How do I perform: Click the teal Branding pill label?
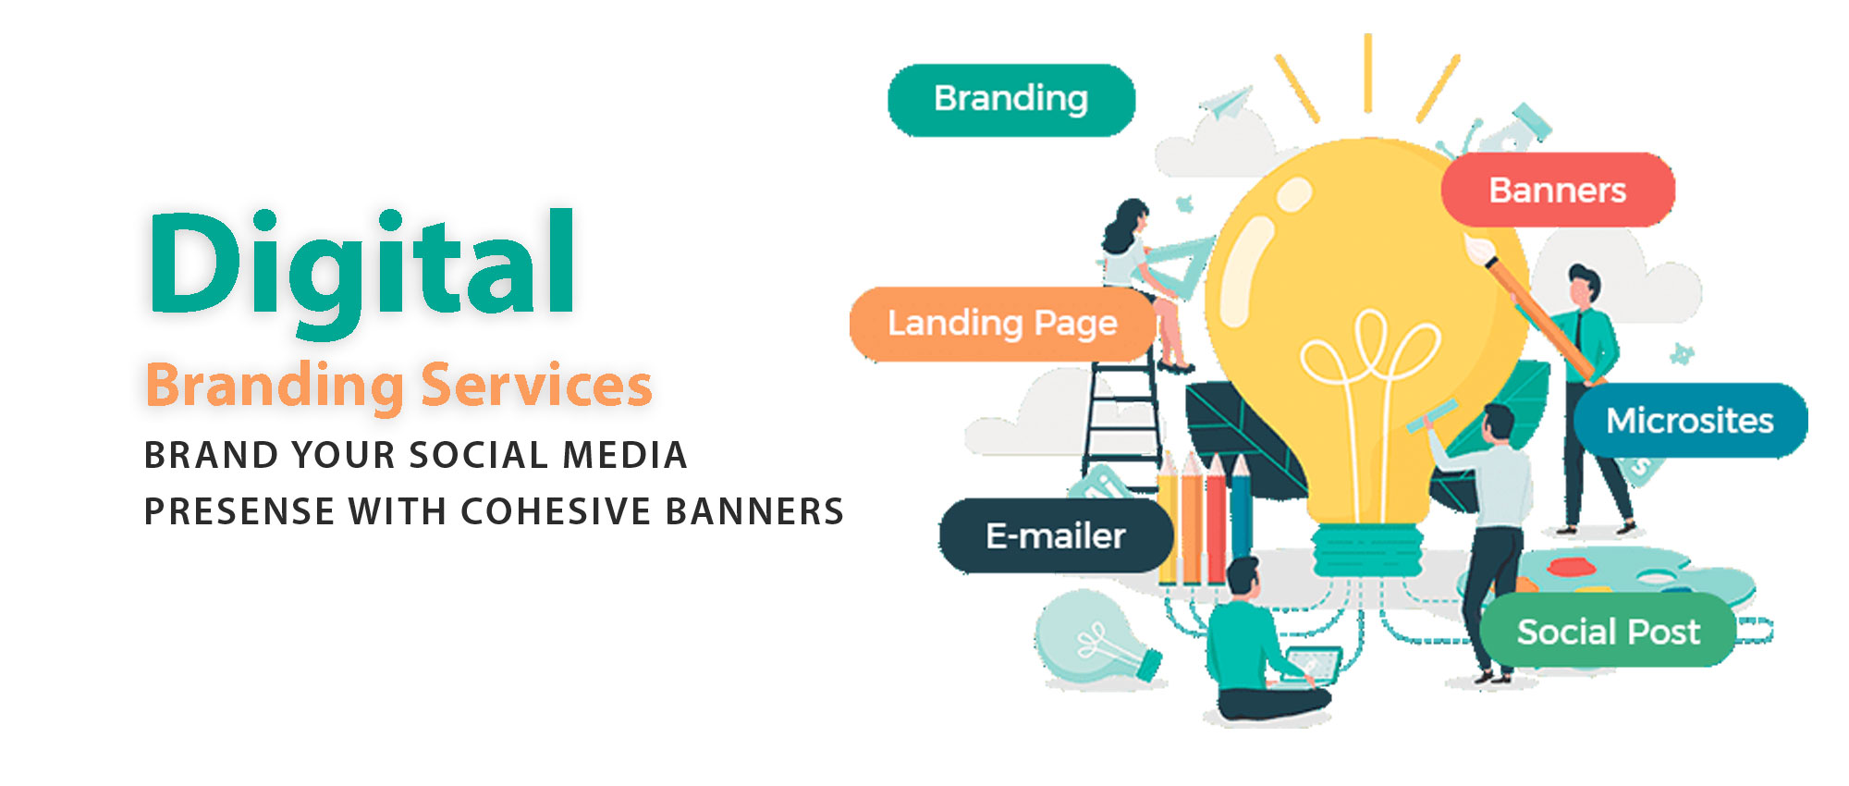[1011, 100]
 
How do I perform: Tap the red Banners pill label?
[1558, 190]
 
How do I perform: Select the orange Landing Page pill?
[1003, 324]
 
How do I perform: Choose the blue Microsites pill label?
[1690, 421]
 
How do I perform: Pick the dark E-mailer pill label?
[1056, 535]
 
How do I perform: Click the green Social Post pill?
[1609, 632]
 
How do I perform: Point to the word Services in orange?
[536, 385]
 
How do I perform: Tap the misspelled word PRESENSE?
[239, 511]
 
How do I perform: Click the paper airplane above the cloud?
[1226, 103]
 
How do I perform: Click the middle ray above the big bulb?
[1367, 73]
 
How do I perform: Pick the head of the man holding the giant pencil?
[1583, 286]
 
